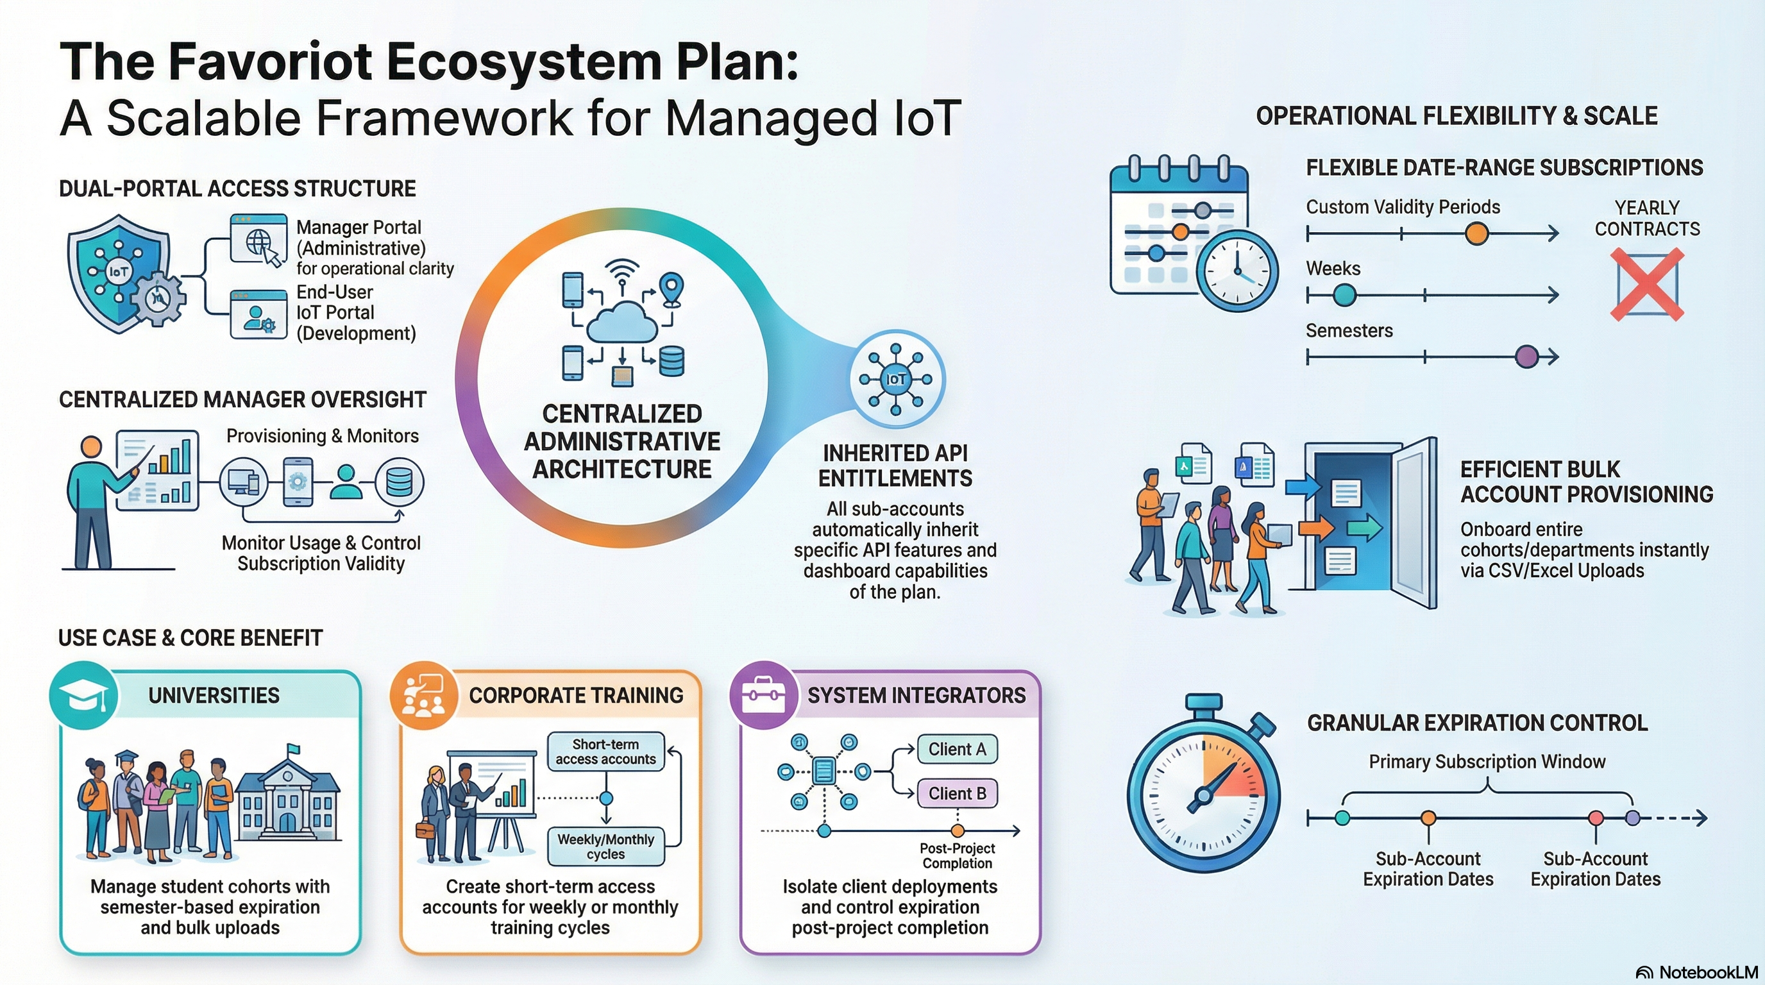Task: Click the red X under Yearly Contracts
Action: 1646,284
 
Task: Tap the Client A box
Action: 956,750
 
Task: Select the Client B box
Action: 956,793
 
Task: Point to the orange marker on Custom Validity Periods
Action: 1476,233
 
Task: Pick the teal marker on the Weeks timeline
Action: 1344,295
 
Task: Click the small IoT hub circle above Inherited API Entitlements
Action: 895,379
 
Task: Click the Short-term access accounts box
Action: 605,752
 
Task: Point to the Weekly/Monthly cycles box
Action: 605,846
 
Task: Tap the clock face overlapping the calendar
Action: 1237,270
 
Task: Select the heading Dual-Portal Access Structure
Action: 237,189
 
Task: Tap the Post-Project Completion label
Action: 957,855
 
